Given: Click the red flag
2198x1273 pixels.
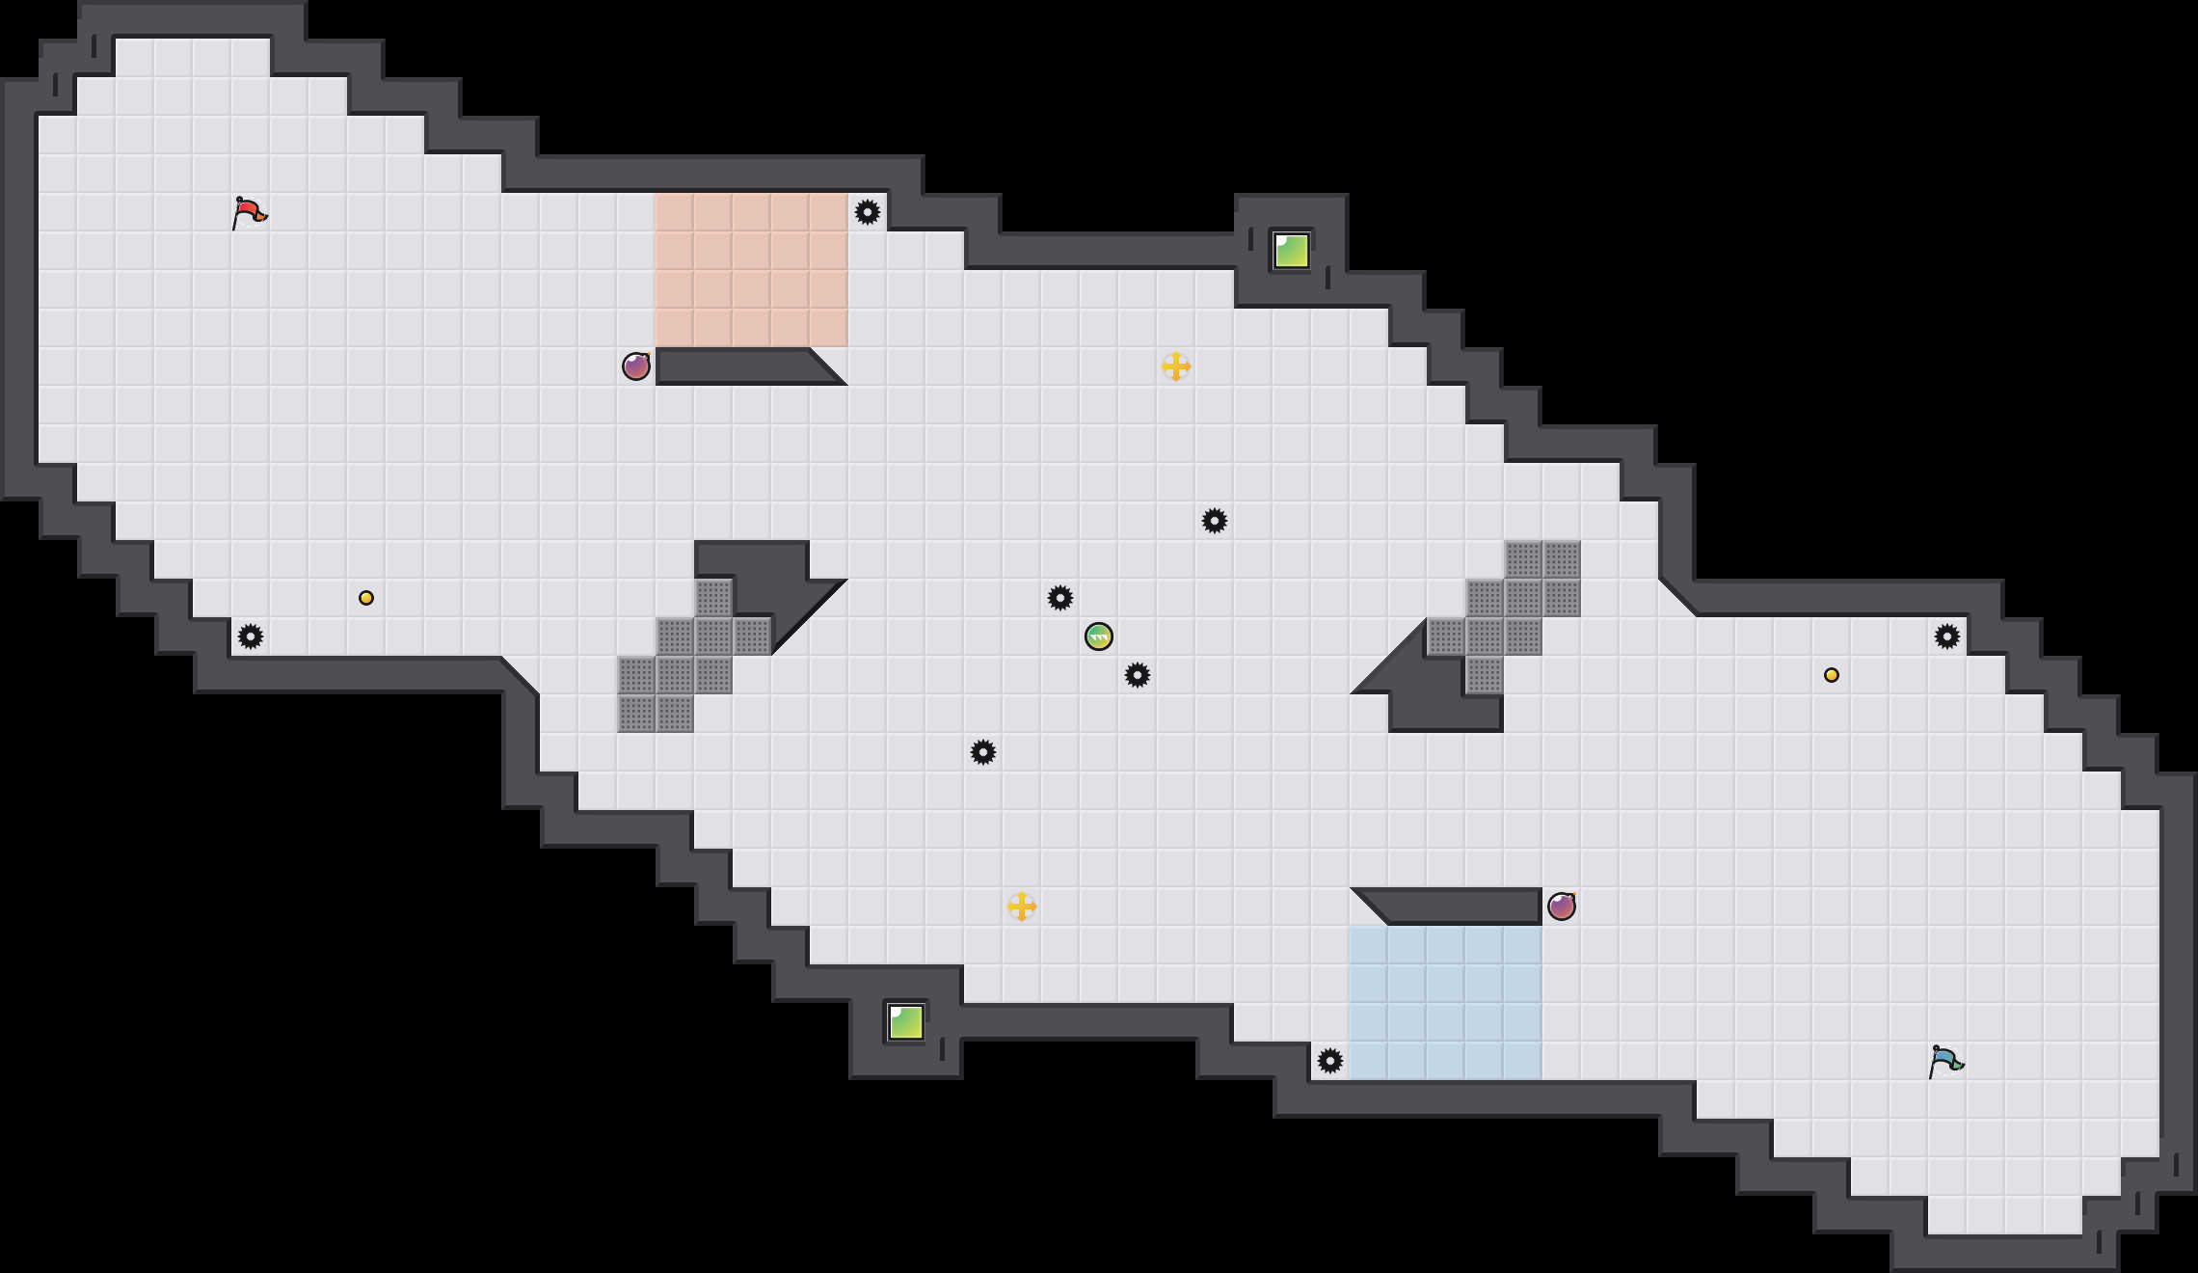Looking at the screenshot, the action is (249, 212).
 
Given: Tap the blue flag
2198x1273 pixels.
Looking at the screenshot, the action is (1945, 1061).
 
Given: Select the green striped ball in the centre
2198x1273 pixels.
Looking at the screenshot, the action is (1099, 636).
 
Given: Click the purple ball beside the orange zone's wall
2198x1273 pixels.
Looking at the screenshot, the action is (636, 366).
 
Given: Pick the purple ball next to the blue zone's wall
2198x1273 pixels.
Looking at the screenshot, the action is (1562, 907).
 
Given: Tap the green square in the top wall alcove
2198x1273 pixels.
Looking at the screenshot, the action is (1292, 251).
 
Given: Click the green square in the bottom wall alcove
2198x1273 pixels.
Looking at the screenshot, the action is (906, 1022).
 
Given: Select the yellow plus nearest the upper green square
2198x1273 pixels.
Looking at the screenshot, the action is (1176, 366).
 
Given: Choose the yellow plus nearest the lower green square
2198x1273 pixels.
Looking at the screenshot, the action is (1022, 907).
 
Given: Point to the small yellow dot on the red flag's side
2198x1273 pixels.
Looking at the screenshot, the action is (366, 598).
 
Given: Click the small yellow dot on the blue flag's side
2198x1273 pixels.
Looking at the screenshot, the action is (1832, 675).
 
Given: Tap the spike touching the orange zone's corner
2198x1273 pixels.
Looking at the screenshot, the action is (868, 212).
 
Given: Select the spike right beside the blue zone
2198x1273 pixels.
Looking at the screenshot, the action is (1330, 1061).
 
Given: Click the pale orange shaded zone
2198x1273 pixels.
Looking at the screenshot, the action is (752, 270).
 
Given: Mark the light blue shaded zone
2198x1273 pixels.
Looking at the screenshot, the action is (1446, 1003).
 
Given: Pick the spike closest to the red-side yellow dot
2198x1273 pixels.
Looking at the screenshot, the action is (251, 636).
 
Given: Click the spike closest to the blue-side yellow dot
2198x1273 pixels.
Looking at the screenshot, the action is (1947, 636).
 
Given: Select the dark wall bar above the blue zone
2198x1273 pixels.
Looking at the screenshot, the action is (1456, 907).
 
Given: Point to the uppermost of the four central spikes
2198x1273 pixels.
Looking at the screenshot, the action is (1215, 521).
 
